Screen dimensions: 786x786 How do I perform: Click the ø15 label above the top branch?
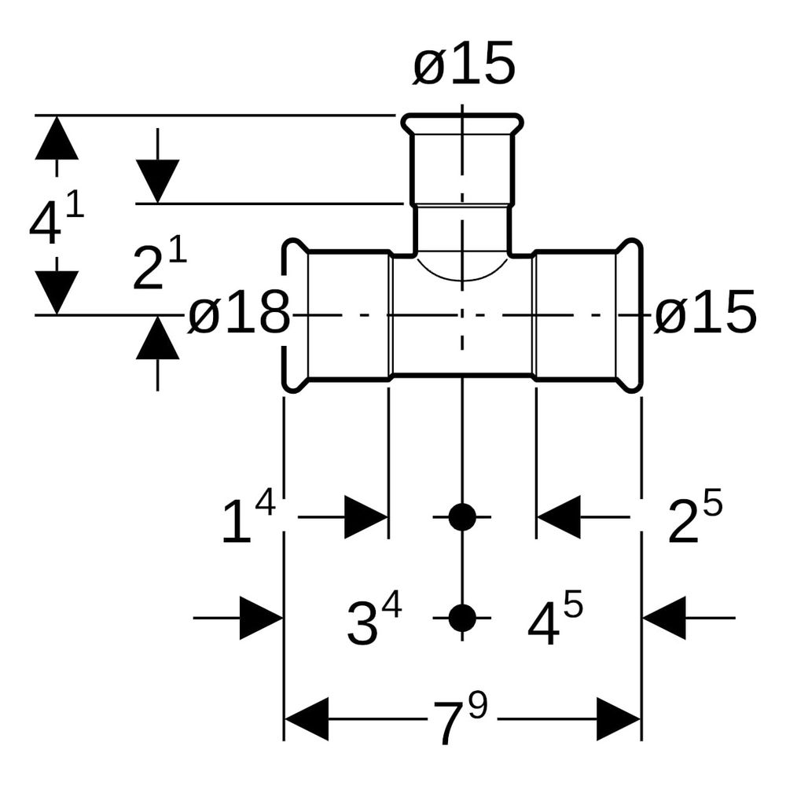(465, 64)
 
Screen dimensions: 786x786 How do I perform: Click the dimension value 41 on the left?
(56, 217)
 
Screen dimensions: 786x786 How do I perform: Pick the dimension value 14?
(248, 518)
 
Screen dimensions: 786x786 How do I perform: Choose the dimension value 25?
(695, 518)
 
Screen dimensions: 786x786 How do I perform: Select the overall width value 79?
(460, 718)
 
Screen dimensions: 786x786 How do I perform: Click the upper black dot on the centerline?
(462, 517)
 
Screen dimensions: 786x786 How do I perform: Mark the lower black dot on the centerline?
(462, 618)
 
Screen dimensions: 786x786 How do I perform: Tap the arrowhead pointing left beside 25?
(558, 517)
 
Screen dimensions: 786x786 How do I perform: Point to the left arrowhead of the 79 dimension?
(307, 719)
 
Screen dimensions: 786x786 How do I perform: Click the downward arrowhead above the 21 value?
(157, 182)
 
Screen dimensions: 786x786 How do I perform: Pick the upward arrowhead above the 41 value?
(57, 138)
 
